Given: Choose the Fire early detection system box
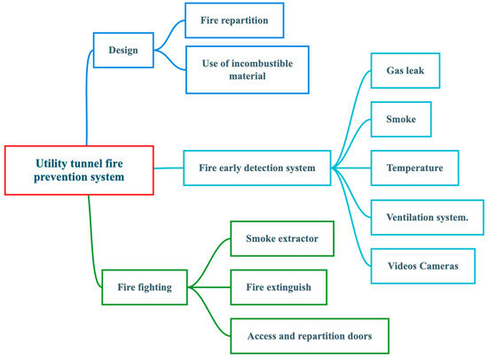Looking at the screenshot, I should point(256,168).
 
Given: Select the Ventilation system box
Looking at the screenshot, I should point(421,215).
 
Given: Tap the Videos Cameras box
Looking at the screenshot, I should point(417,265).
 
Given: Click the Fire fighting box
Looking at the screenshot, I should point(144,286).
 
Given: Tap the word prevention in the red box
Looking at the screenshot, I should point(63,177).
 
